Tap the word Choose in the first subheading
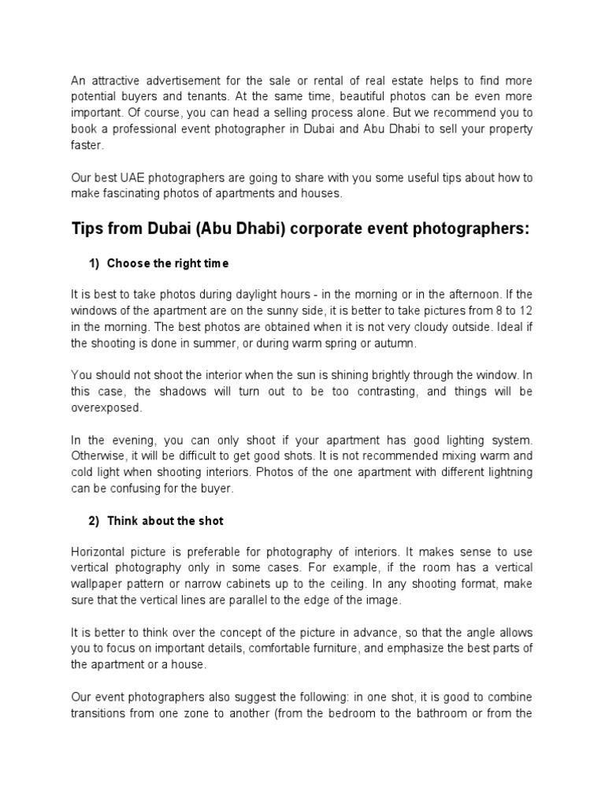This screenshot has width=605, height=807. [x=126, y=262]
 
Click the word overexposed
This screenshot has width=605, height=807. [x=106, y=407]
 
